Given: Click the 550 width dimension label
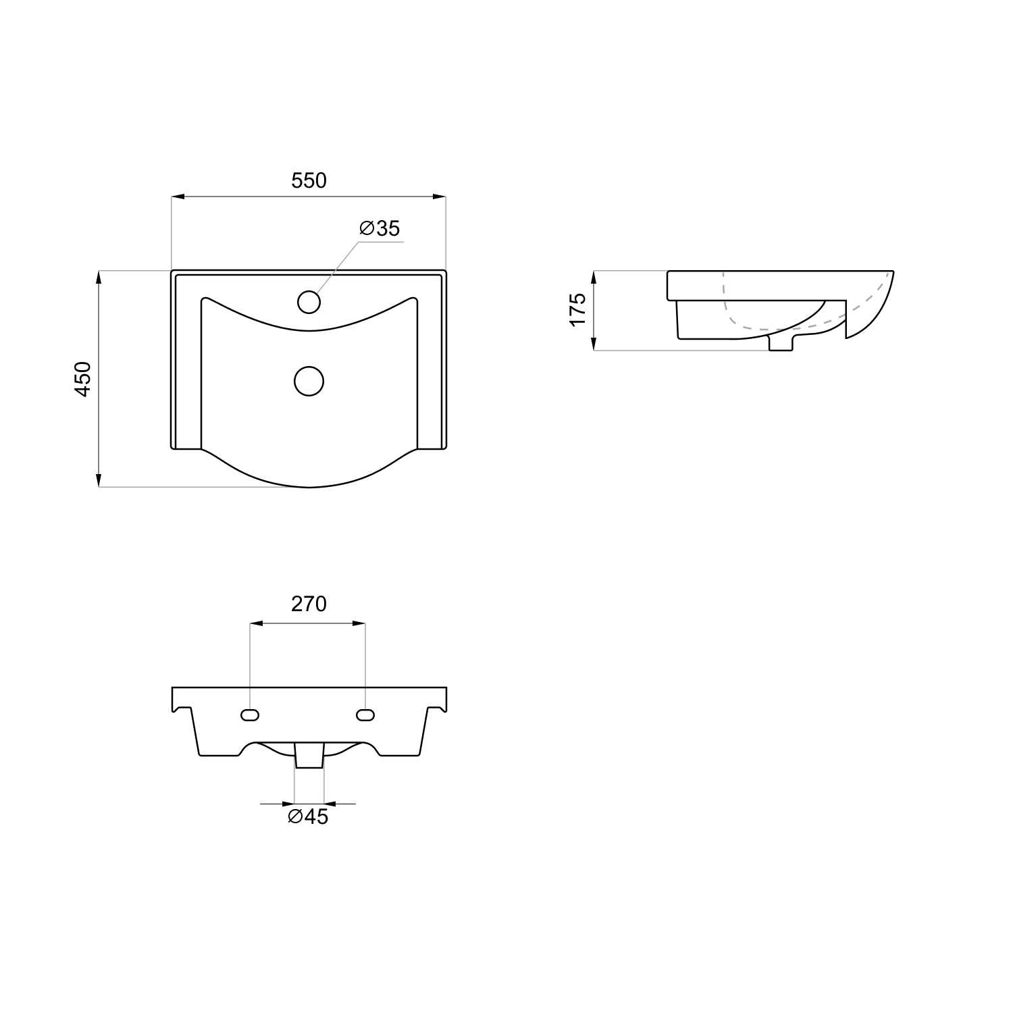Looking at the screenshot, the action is [309, 180].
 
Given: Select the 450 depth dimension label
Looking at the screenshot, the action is [82, 379].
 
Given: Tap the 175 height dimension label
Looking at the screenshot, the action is [577, 310].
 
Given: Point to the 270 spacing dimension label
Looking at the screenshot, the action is [309, 604].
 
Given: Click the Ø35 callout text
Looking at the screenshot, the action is [380, 228].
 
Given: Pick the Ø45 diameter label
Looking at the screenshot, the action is [308, 816].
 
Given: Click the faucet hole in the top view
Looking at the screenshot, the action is [309, 302].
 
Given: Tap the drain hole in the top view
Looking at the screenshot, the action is [309, 382].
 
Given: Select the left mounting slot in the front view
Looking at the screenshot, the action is [251, 715].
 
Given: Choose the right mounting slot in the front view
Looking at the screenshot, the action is [365, 715].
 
